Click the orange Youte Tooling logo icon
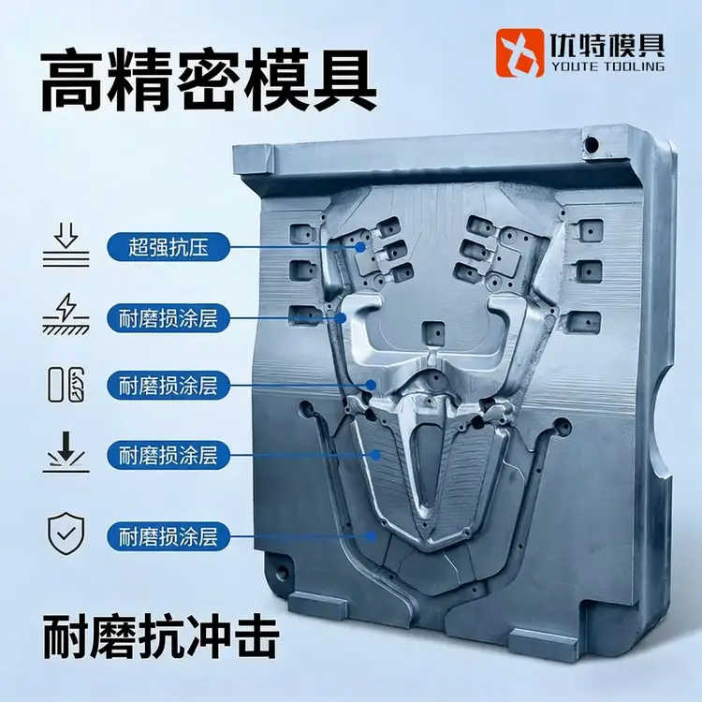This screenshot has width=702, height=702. (519, 52)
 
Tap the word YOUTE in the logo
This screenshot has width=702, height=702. (574, 66)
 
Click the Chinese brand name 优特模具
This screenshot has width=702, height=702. (607, 45)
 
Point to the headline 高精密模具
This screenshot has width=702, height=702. (209, 82)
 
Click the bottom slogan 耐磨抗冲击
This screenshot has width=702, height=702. (161, 636)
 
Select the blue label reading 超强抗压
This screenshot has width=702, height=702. (168, 247)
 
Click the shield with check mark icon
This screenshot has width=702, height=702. (66, 534)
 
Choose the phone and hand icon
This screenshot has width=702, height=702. (66, 384)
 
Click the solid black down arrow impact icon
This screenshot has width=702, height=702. (66, 452)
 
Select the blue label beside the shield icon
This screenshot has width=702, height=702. (168, 536)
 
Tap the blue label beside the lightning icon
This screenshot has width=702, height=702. (168, 318)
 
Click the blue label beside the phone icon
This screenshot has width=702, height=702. (168, 385)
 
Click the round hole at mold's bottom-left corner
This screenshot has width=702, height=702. (283, 571)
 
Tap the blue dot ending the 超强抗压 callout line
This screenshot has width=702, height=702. (360, 247)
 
